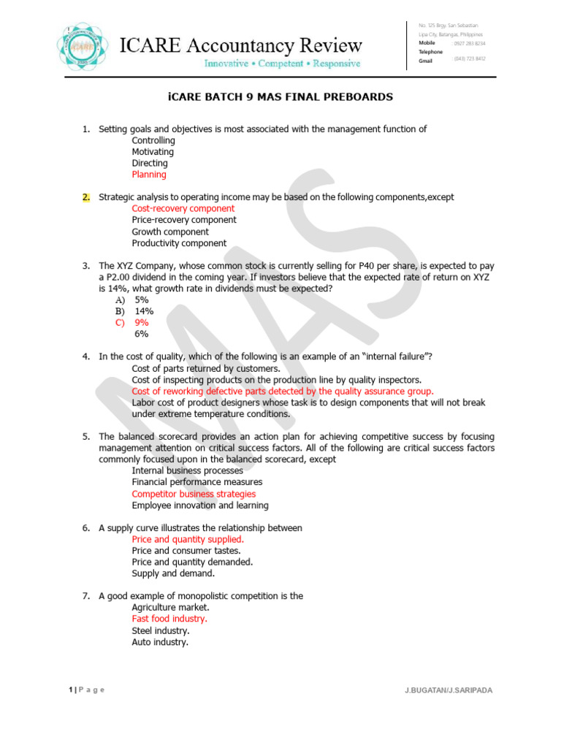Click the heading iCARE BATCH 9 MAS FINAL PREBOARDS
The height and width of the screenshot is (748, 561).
tap(280, 96)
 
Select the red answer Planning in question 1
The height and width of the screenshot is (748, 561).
tap(149, 175)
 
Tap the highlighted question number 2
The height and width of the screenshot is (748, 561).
tap(85, 197)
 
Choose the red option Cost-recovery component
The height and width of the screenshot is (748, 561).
tap(183, 208)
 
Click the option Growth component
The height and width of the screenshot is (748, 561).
tap(170, 232)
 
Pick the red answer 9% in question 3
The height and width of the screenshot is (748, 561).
tap(141, 322)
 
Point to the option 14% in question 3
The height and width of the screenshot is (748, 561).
tap(144, 310)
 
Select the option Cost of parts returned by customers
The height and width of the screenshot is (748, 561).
tap(206, 368)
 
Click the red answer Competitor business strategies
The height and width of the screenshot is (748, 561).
tap(194, 494)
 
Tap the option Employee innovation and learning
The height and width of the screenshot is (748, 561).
tap(200, 505)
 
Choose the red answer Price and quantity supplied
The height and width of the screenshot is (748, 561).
tap(188, 539)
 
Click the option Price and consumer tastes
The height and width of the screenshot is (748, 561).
tap(186, 551)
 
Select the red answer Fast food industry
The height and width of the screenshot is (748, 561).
tap(169, 619)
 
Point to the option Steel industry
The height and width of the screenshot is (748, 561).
tap(161, 630)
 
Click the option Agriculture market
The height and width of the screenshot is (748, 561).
tap(170, 607)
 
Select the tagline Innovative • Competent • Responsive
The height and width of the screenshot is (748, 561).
tap(281, 64)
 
